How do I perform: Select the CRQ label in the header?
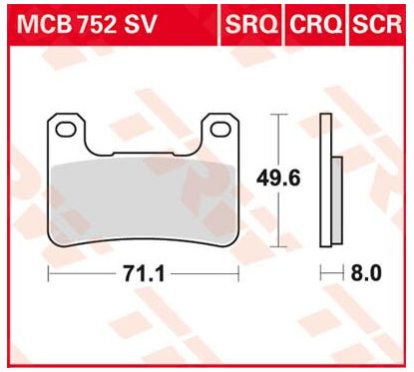315,22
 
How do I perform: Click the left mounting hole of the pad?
66,129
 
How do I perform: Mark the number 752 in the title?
93,22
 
